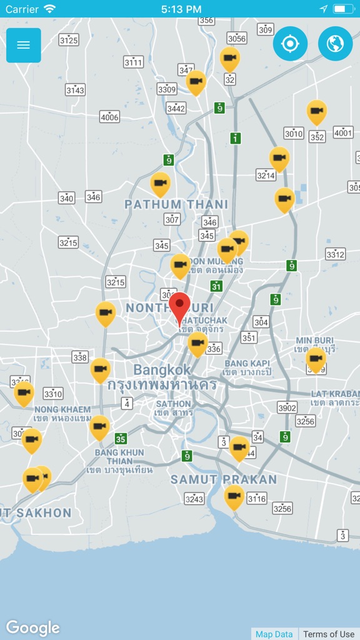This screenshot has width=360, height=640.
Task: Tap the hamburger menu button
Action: (24, 45)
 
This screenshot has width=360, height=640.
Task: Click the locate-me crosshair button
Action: (290, 44)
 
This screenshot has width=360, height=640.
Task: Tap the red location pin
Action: (180, 306)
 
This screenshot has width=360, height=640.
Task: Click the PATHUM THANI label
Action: (176, 204)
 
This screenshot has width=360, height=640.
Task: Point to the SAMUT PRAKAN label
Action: (224, 479)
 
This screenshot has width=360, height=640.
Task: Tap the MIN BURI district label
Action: (315, 341)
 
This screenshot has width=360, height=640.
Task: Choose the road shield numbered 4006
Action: (109, 117)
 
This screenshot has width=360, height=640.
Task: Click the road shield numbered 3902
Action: (287, 407)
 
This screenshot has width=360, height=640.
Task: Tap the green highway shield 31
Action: (216, 286)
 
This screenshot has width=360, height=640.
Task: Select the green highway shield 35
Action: (121, 439)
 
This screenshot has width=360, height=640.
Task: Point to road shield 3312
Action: (336, 254)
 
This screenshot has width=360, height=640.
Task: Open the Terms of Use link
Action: (329, 634)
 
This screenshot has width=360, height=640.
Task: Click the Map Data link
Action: (274, 634)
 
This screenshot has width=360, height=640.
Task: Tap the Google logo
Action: (32, 627)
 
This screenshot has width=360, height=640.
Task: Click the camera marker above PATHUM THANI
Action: (161, 183)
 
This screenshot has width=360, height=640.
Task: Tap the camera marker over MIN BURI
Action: (316, 359)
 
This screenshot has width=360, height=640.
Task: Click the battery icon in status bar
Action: (343, 9)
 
